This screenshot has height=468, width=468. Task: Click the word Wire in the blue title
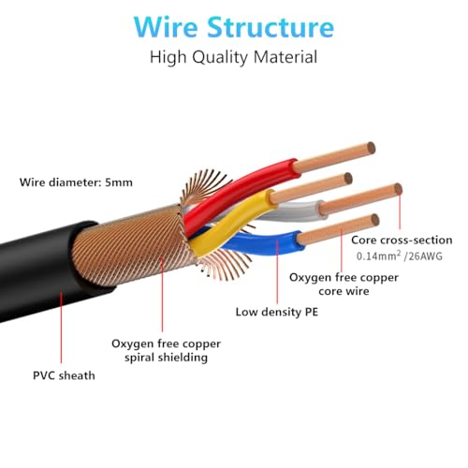(x=167, y=27)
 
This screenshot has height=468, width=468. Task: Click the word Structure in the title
(x=271, y=27)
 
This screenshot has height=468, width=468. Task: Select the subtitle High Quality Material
(x=234, y=57)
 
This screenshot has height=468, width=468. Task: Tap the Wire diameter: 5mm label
(x=76, y=183)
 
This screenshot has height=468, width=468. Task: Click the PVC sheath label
(x=64, y=375)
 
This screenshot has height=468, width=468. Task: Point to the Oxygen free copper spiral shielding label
(x=166, y=351)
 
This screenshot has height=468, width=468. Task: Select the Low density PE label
(x=277, y=312)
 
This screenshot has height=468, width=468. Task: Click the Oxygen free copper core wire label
(x=344, y=285)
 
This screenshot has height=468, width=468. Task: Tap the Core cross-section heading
(x=402, y=240)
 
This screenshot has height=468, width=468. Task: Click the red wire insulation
(x=241, y=190)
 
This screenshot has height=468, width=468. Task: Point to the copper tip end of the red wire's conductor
(x=371, y=148)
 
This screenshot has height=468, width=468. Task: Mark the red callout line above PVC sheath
(x=61, y=328)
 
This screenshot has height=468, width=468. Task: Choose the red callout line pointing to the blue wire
(x=277, y=271)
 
